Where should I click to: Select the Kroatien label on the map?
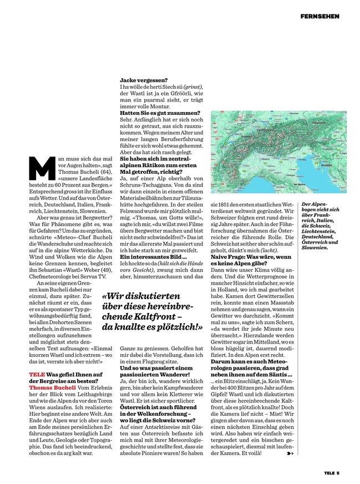(x=327, y=165)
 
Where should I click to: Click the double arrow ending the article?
(x=290, y=453)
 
